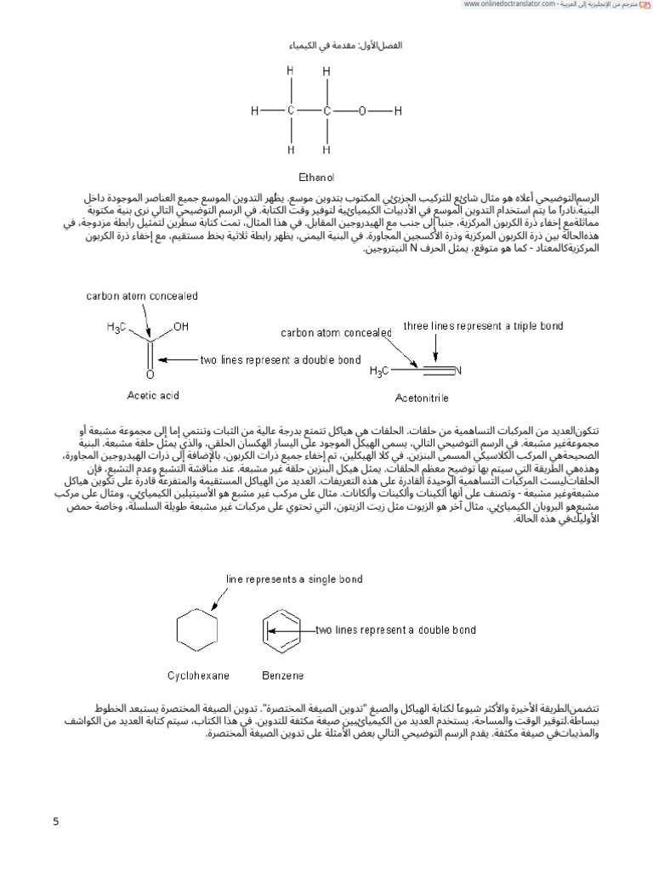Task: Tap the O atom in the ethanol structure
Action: (361, 111)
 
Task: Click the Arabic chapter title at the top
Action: (326, 44)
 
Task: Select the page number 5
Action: (55, 822)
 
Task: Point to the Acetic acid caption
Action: (153, 395)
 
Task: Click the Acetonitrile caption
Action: (423, 397)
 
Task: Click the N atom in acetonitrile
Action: (457, 371)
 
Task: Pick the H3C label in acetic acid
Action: (119, 327)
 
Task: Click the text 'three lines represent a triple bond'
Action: (483, 325)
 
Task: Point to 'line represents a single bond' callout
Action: (294, 579)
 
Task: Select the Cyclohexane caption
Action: (197, 675)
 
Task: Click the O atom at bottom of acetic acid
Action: (150, 375)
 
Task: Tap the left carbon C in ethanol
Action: (292, 111)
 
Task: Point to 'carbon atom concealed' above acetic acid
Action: (142, 296)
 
